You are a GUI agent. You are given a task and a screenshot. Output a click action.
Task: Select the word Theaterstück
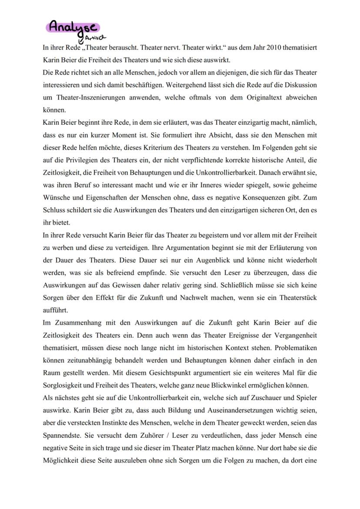297,298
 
